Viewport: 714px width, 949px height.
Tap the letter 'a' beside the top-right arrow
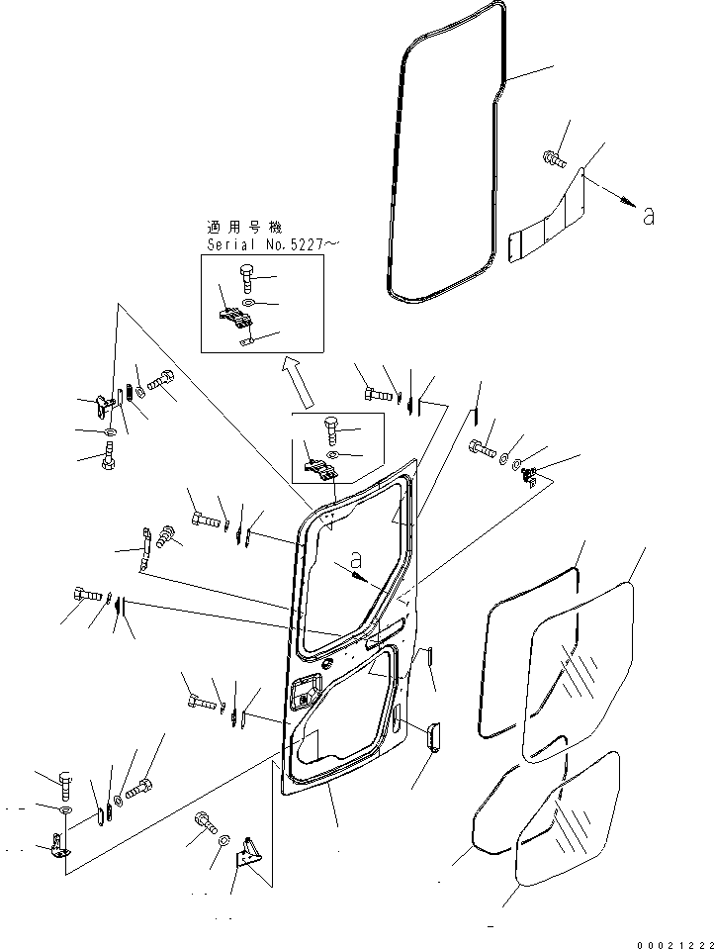[648, 216]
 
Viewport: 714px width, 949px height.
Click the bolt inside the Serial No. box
[246, 280]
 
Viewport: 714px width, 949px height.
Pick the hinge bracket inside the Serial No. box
[235, 317]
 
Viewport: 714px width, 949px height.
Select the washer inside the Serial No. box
[248, 303]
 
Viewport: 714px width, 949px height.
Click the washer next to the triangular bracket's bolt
[224, 839]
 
